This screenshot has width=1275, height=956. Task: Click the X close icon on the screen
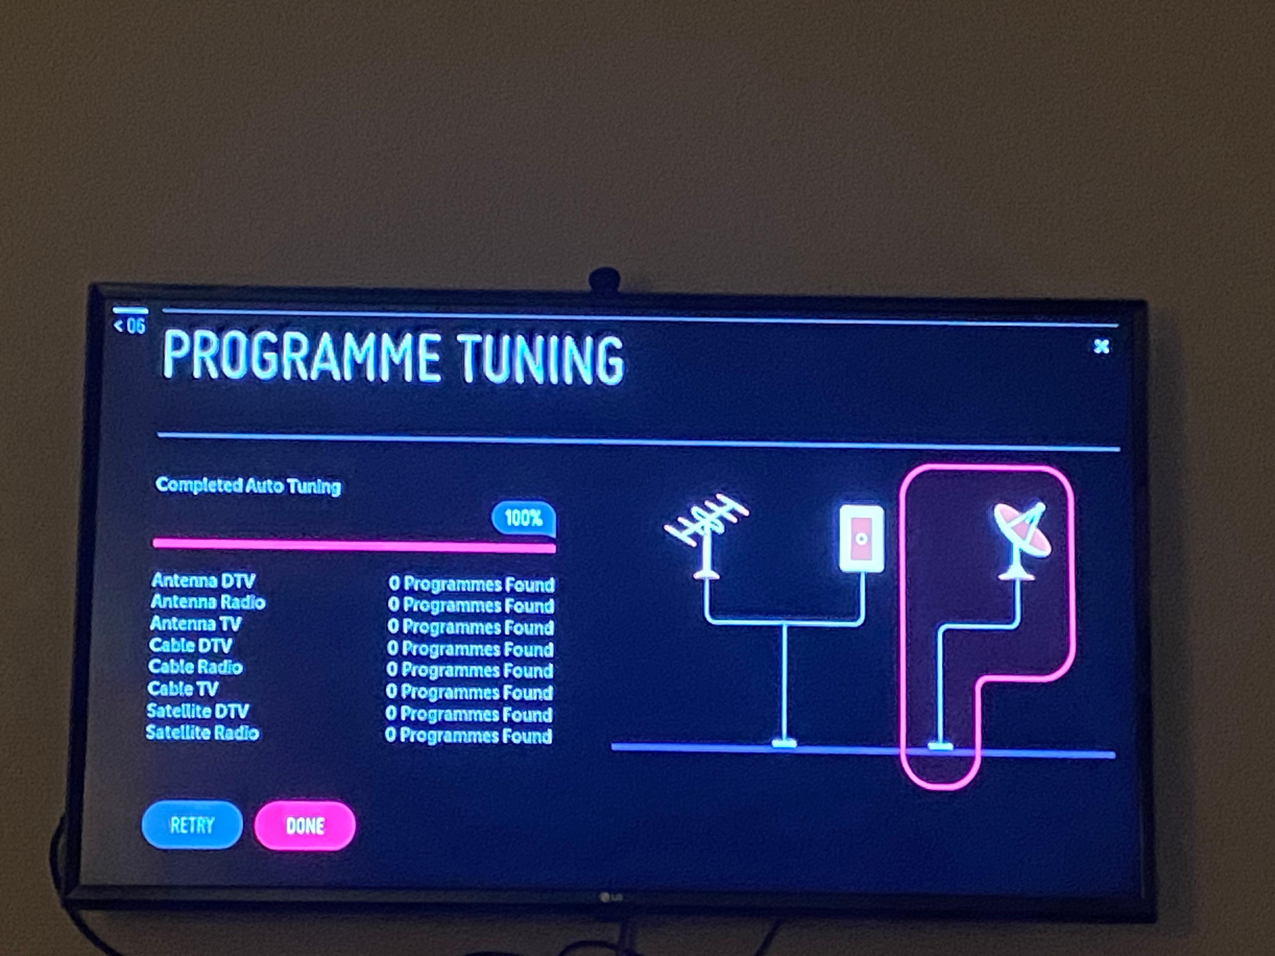click(x=1101, y=346)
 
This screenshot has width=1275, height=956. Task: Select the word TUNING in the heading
click(x=541, y=359)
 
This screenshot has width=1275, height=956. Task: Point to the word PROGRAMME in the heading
click(x=300, y=356)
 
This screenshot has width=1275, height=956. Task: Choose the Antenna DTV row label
click(x=203, y=580)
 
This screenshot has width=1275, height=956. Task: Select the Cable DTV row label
click(x=190, y=646)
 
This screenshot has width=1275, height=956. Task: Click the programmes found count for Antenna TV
click(x=470, y=627)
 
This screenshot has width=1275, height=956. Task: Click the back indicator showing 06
click(x=130, y=326)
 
